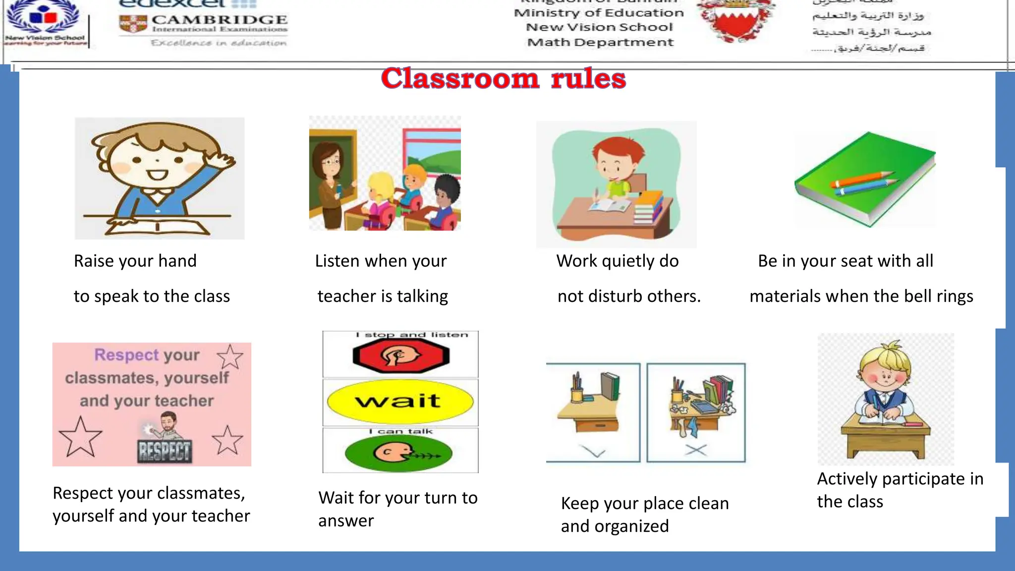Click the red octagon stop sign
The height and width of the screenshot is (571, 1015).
pos(400,355)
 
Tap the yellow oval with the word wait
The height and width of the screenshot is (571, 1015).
pos(400,401)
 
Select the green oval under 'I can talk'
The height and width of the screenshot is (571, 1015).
pos(399,453)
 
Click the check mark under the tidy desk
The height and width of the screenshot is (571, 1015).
pos(593,452)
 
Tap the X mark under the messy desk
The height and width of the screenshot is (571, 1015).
pos(696,450)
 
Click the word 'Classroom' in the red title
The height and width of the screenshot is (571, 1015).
pos(460,79)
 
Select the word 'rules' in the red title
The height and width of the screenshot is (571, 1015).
pos(588,79)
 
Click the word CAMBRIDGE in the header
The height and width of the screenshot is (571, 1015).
pos(219,20)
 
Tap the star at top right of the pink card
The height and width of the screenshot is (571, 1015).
pos(230,356)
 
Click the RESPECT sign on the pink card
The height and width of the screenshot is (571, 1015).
pos(164,451)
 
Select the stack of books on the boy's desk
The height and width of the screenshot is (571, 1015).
pos(648,207)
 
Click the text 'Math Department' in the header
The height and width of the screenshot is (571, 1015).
pos(600,43)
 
